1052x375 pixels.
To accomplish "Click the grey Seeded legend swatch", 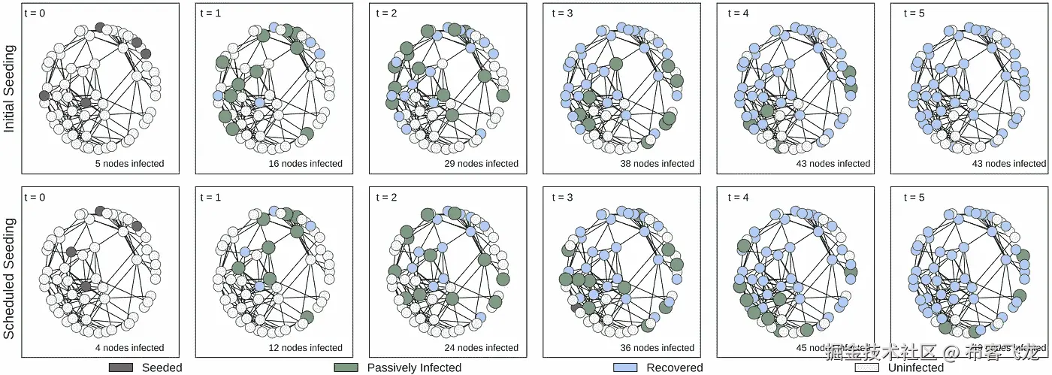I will (121, 367).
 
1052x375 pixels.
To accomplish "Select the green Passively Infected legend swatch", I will (346, 367).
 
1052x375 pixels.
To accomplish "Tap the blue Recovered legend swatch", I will (625, 367).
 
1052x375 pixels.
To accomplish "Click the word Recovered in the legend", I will (674, 367).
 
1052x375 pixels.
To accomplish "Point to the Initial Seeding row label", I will (10, 89).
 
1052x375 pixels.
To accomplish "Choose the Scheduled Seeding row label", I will (10, 274).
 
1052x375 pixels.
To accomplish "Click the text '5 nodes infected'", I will (129, 164).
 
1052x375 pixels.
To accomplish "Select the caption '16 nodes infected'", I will (305, 164).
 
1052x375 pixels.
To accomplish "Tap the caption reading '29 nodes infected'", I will (481, 164).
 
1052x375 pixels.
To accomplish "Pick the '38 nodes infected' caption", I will (657, 164).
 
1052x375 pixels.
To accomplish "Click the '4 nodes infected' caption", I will (129, 348).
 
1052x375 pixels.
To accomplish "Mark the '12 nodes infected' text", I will (305, 348).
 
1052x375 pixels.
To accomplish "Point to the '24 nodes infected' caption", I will (481, 348).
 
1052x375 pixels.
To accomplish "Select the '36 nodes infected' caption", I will (657, 348).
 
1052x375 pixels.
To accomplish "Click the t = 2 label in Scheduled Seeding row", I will (388, 197).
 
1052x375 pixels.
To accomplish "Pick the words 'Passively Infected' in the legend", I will (414, 367).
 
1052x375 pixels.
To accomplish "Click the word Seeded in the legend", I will (162, 367).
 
